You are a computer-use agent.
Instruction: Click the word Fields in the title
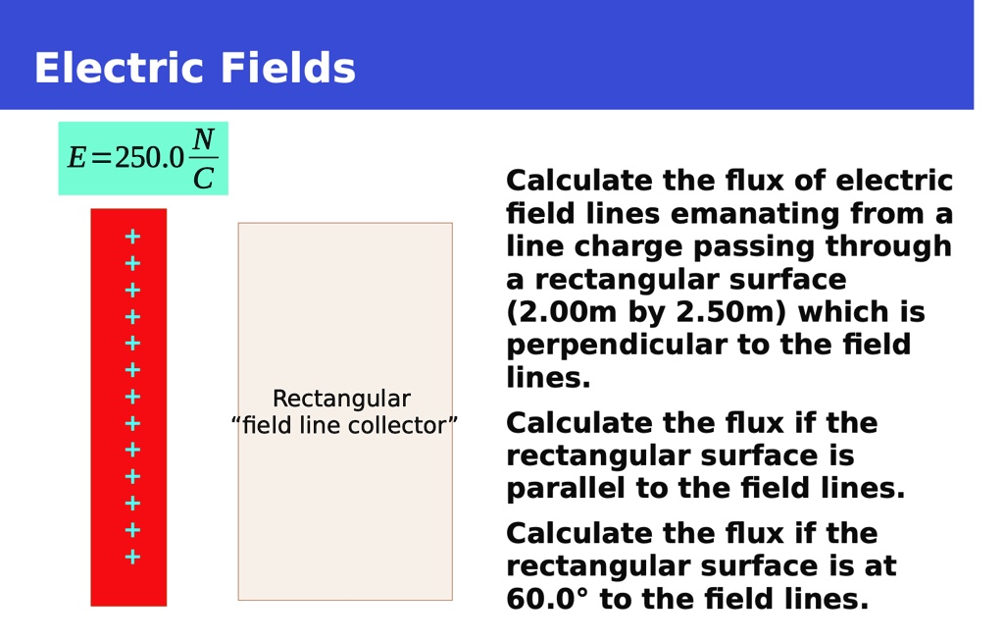pos(287,68)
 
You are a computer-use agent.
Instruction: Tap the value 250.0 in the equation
pos(149,158)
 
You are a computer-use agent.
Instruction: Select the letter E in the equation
pos(76,158)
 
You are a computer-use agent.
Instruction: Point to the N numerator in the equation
pos(204,139)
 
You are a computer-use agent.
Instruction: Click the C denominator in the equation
pos(204,178)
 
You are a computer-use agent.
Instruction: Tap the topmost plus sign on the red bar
pos(132,237)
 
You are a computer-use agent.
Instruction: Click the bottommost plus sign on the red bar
pos(132,557)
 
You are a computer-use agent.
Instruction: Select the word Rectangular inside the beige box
pos(341,399)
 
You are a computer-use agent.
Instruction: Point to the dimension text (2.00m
pos(562,312)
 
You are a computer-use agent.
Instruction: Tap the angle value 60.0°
pos(547,599)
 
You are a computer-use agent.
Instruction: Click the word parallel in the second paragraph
pos(566,488)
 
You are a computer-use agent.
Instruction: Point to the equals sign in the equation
pos(101,158)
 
